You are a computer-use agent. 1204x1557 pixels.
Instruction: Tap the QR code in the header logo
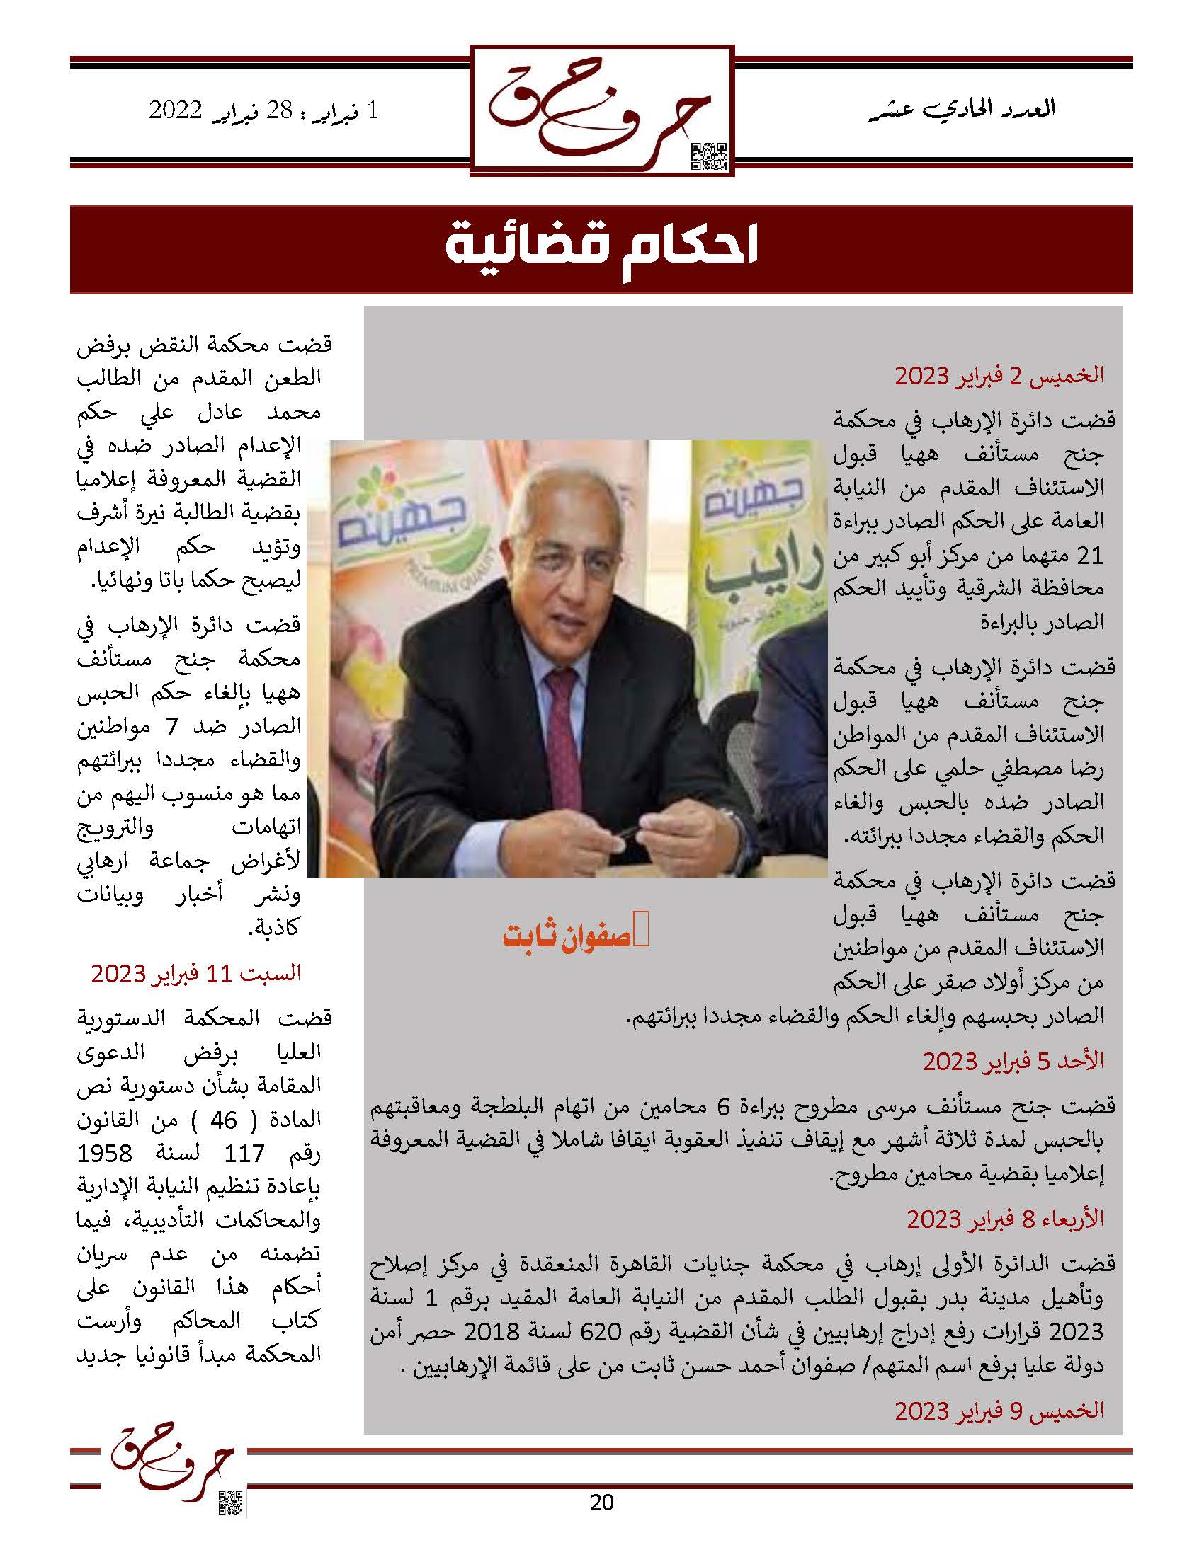pyautogui.click(x=709, y=157)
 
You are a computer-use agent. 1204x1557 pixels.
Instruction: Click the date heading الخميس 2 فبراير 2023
pyautogui.click(x=999, y=375)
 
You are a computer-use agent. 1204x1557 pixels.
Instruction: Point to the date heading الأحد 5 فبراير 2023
pyautogui.click(x=1013, y=1062)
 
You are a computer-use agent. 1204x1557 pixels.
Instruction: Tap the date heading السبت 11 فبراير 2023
pyautogui.click(x=196, y=972)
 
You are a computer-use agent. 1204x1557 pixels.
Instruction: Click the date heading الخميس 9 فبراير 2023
pyautogui.click(x=999, y=1410)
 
